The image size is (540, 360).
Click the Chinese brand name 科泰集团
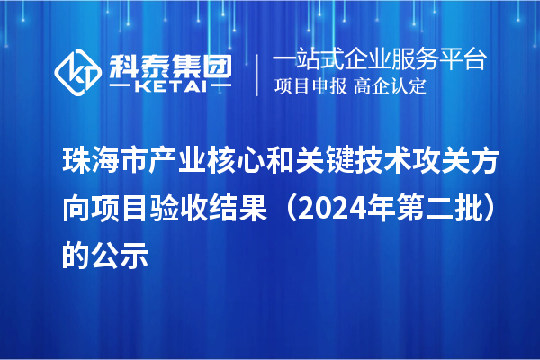tap(170, 63)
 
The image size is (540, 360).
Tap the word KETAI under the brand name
tap(169, 87)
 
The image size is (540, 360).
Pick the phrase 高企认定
tap(390, 87)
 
